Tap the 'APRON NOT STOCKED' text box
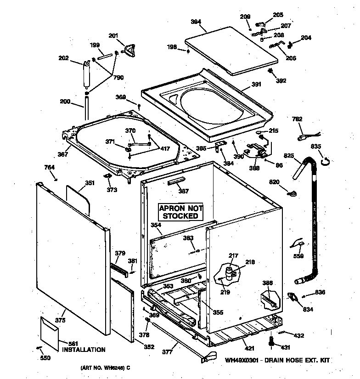pos(180,212)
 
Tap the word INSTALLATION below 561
pos(84,350)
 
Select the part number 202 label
pos(63,58)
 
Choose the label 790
pos(118,77)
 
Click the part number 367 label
pos(62,154)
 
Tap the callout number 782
pos(298,119)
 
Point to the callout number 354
pos(156,225)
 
